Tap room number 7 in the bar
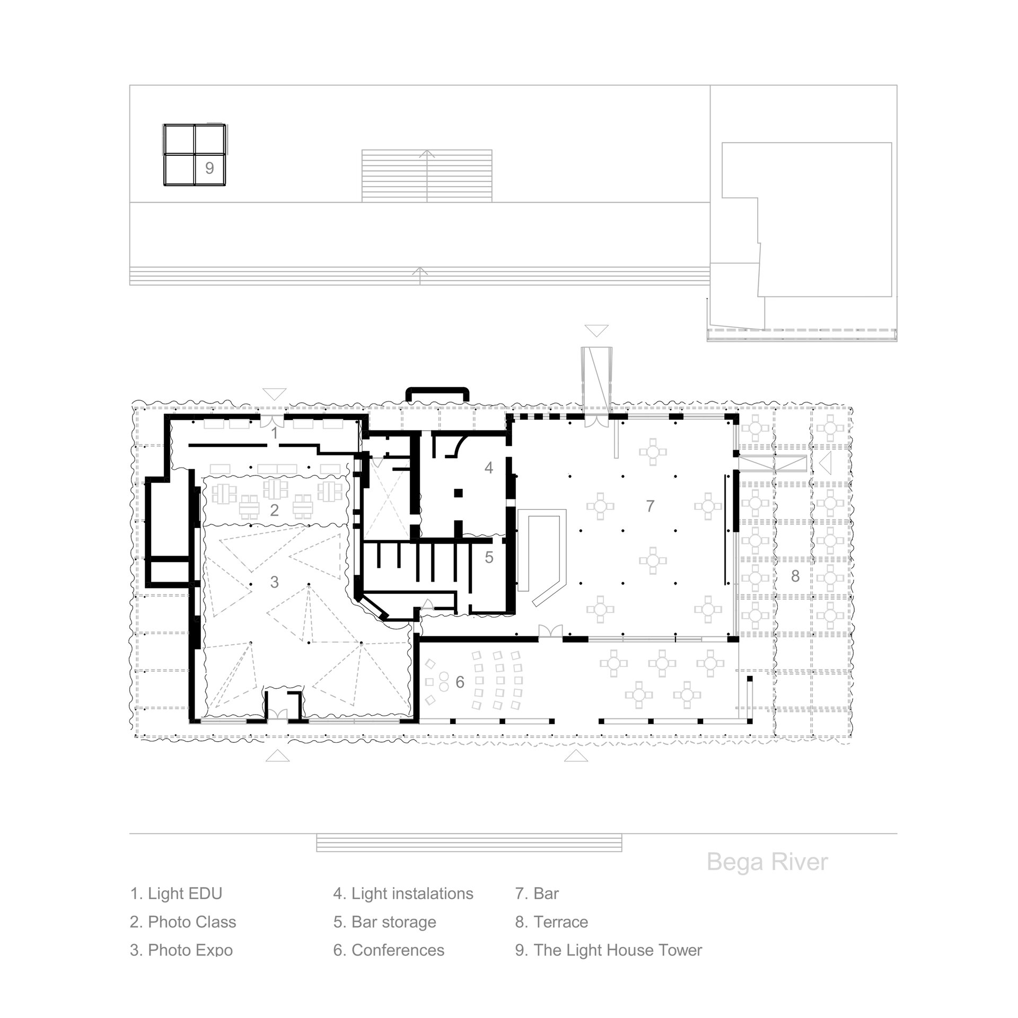click(x=651, y=506)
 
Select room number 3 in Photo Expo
click(x=274, y=582)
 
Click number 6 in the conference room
click(x=460, y=682)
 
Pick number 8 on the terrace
click(x=795, y=576)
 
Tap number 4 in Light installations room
click(x=489, y=467)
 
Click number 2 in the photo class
click(x=274, y=510)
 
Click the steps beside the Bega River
click(x=469, y=843)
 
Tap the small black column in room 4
click(x=458, y=493)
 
